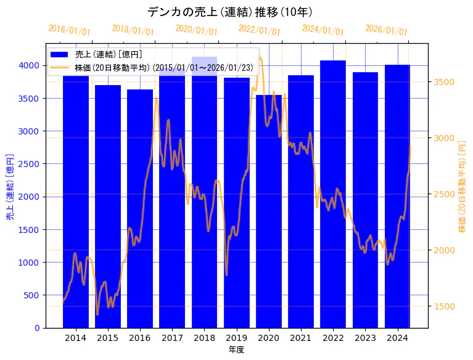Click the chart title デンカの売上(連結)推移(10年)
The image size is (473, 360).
(x=229, y=12)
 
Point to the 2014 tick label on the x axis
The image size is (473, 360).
(x=76, y=338)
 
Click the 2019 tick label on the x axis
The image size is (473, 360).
(x=237, y=338)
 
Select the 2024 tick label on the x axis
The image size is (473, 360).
(x=398, y=338)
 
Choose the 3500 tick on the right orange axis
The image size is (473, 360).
(x=444, y=82)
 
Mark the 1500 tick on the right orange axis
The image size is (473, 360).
(x=444, y=306)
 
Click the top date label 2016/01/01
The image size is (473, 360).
(x=69, y=30)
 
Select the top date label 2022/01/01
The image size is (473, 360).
(x=259, y=30)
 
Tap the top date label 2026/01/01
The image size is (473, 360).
(x=386, y=30)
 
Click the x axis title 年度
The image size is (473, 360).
(x=236, y=350)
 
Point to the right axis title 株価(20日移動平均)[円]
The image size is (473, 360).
(x=463, y=186)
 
